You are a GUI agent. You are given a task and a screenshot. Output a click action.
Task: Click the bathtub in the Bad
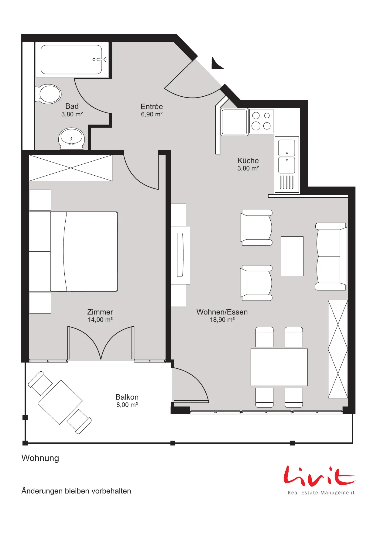(72, 60)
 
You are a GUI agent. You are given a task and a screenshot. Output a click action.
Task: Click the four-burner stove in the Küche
(261, 121)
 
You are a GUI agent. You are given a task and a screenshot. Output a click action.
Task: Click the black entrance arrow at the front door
(217, 63)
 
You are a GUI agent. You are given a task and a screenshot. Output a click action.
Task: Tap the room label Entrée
(152, 107)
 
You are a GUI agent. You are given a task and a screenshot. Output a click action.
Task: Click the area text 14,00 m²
(100, 320)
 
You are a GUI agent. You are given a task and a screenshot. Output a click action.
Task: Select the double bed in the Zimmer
(73, 252)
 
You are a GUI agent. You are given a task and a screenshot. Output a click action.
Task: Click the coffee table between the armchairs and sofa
(292, 256)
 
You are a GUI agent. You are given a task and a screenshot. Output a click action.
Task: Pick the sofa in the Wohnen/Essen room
(331, 256)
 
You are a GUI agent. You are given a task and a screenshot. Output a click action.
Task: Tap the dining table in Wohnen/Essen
(279, 367)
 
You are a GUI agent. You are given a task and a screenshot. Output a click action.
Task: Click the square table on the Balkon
(60, 402)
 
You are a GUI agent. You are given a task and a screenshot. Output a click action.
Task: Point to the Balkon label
(127, 397)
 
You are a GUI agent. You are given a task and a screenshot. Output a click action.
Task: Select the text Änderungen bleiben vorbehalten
(76, 491)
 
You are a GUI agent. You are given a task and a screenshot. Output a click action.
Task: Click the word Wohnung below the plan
(40, 458)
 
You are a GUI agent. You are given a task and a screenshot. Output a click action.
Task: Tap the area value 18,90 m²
(222, 320)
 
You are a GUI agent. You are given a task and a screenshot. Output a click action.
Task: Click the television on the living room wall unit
(180, 255)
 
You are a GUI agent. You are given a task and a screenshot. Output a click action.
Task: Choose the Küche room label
(248, 160)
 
